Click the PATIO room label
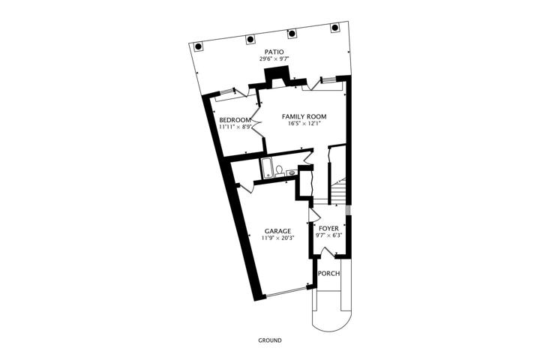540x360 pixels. (x=274, y=52)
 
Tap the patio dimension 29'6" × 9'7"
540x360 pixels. (x=274, y=59)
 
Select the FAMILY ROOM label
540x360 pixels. (x=304, y=116)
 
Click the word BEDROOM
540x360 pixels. (x=235, y=120)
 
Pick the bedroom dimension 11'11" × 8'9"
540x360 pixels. (x=235, y=127)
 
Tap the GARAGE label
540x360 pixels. (x=277, y=231)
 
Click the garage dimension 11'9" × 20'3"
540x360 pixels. (x=277, y=238)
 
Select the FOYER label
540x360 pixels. (x=328, y=229)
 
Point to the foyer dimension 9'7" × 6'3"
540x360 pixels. (x=328, y=235)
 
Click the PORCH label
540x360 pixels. (x=328, y=274)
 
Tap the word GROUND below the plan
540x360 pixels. (x=270, y=340)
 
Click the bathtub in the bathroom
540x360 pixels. (x=267, y=169)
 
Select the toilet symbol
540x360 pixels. (x=279, y=171)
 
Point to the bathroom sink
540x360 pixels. (x=291, y=172)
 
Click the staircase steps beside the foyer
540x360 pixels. (x=339, y=192)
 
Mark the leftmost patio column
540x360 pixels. (x=198, y=46)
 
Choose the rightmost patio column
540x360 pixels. (x=334, y=28)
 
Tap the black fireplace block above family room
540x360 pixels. (x=277, y=77)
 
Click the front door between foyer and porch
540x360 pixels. (x=328, y=252)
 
